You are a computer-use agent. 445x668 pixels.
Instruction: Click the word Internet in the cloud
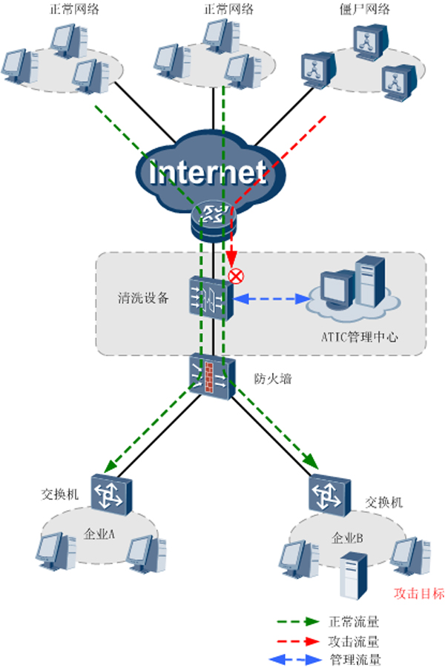click(x=208, y=172)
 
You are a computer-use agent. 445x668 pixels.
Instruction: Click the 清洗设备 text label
click(x=144, y=298)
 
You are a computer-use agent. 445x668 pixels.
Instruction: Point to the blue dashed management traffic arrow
click(x=274, y=299)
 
